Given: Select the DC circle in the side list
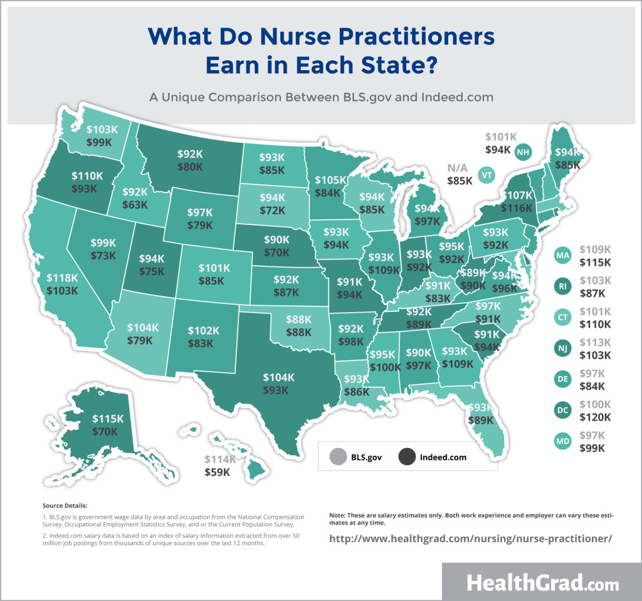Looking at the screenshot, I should pyautogui.click(x=562, y=410).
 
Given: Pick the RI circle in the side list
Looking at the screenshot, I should pyautogui.click(x=562, y=286).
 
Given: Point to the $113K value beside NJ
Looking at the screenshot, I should pyautogui.click(x=596, y=342).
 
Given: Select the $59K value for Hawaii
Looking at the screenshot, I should pyautogui.click(x=218, y=472).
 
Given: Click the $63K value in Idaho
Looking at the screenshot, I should pyautogui.click(x=135, y=204).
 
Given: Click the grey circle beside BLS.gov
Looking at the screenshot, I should pyautogui.click(x=337, y=457).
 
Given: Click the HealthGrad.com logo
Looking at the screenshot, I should pyautogui.click(x=542, y=582).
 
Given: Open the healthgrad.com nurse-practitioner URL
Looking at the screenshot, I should pyautogui.click(x=470, y=538).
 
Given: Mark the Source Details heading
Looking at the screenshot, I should pyautogui.click(x=65, y=505).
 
